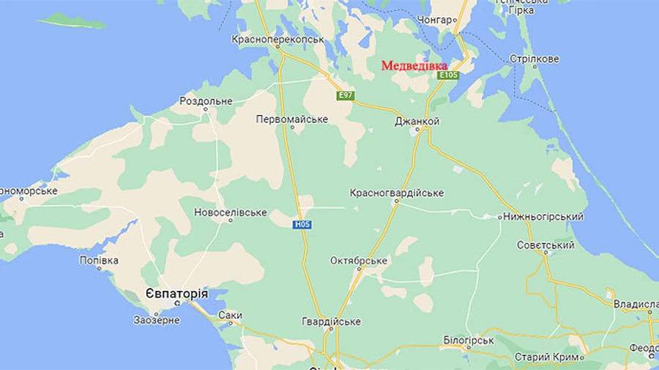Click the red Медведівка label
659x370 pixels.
[414, 66]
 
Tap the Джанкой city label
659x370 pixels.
[417, 121]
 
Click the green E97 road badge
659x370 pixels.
[345, 95]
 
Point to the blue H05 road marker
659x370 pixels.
[303, 224]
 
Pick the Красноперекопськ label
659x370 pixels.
[278, 39]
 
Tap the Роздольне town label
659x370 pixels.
[206, 101]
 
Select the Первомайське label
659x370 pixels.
[292, 119]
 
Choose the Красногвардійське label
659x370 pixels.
[397, 193]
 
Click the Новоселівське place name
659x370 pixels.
[230, 212]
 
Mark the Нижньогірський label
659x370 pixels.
[543, 217]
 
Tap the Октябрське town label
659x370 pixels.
[359, 261]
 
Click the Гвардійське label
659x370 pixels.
[331, 322]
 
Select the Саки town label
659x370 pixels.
[230, 316]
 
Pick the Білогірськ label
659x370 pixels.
[469, 341]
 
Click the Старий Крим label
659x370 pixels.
[548, 357]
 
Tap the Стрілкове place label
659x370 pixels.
[535, 59]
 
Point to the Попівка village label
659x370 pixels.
[99, 260]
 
